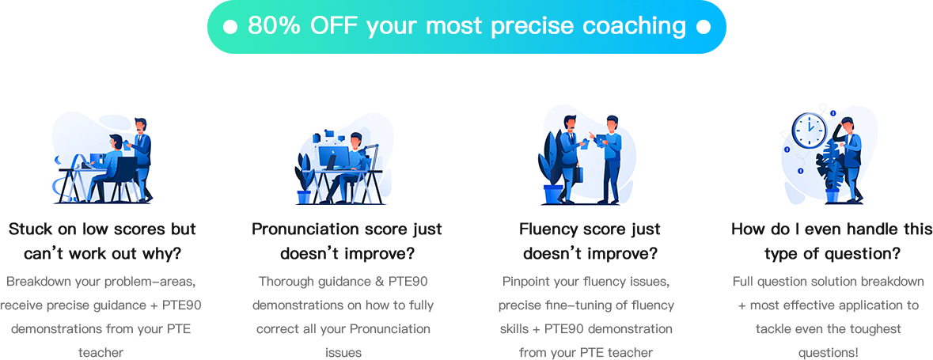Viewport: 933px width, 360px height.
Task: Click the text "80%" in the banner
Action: point(270,26)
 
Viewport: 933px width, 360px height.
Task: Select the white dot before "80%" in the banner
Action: point(230,27)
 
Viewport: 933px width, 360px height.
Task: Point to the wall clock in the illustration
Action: point(810,131)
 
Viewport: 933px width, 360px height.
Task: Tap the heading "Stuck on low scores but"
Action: point(102,229)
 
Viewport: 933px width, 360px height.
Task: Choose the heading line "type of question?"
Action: point(832,254)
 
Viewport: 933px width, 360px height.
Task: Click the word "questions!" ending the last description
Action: point(832,353)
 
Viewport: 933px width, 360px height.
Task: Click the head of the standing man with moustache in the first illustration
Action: point(141,125)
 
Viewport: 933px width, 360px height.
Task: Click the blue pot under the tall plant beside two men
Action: point(552,194)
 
